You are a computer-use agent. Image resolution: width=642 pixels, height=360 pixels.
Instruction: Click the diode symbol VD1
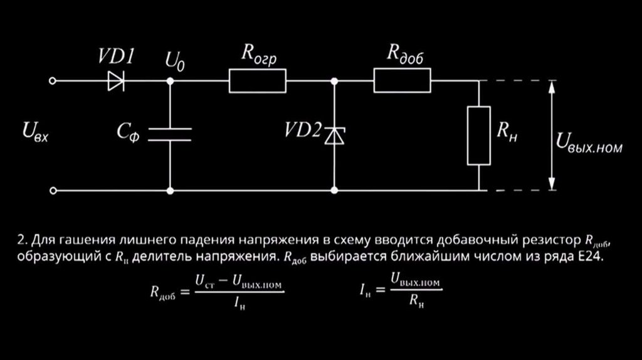(116, 81)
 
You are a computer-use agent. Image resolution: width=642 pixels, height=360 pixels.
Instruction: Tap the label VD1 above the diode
(116, 58)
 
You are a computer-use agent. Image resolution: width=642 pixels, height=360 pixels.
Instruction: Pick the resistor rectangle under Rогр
(257, 81)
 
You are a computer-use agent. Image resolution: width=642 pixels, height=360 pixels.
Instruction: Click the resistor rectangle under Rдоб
(403, 81)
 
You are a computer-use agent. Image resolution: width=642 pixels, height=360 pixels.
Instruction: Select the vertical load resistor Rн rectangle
(478, 135)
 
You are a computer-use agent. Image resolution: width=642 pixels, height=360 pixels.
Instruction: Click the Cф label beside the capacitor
(129, 131)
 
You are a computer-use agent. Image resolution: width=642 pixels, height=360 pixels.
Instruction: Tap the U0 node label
(175, 62)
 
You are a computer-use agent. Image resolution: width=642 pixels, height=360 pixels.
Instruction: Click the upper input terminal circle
(54, 81)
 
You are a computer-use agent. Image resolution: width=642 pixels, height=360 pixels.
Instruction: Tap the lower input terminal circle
(54, 190)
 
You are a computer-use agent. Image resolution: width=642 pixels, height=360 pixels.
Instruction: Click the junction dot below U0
(170, 81)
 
